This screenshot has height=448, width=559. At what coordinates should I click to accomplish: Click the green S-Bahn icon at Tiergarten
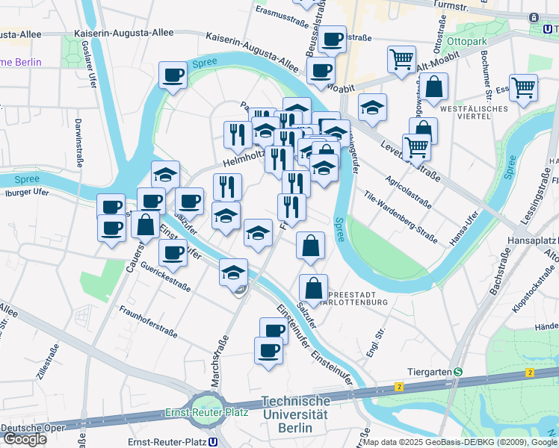click(x=457, y=372)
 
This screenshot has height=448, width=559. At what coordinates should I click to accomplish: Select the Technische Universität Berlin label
click(x=294, y=414)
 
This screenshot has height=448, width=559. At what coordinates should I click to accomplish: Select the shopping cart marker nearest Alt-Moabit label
click(x=402, y=59)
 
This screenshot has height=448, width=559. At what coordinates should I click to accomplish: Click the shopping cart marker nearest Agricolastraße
click(x=416, y=147)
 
